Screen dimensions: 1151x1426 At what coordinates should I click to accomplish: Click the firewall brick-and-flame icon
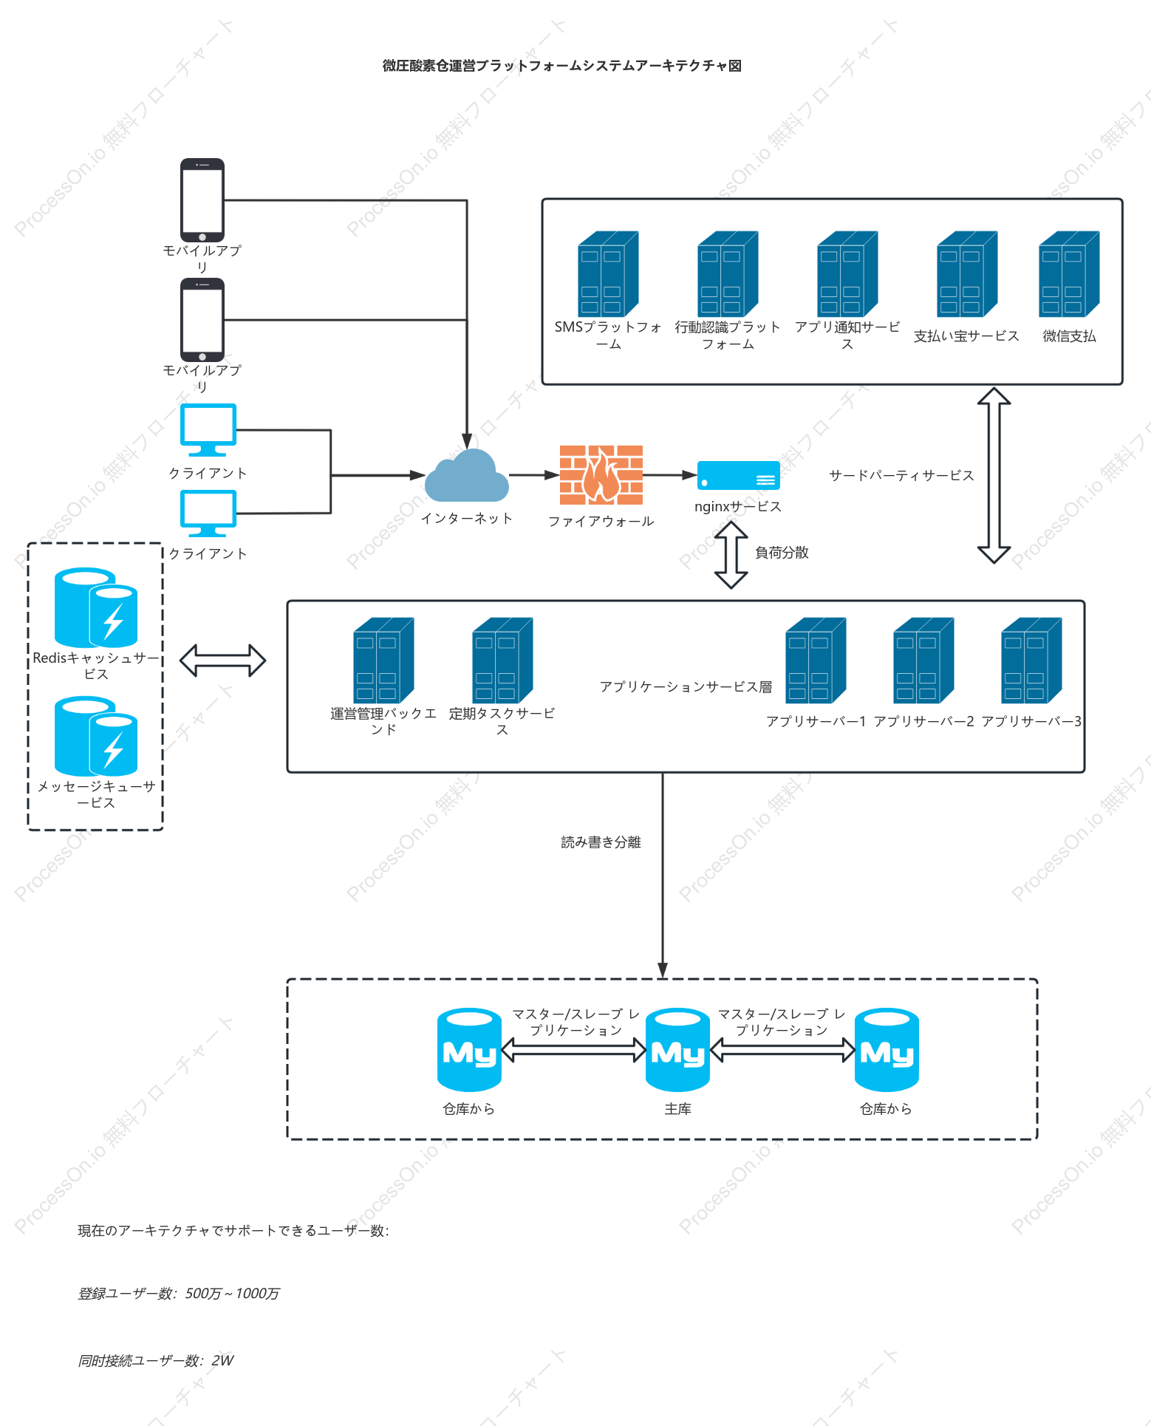601,475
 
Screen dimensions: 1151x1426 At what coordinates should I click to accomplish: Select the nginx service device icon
738,475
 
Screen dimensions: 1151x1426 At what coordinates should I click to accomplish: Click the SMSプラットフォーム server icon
608,273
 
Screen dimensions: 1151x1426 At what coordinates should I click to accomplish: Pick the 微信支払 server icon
1069,273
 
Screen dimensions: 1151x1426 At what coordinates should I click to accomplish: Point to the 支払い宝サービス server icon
967,273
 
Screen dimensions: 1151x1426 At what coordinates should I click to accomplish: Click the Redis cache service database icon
96,607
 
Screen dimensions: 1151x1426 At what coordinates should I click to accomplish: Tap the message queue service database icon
96,736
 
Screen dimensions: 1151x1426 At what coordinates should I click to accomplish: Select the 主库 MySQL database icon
677,1050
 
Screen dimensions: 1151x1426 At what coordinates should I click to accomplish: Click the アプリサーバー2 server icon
923,660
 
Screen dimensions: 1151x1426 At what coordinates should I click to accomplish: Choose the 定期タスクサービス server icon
502,660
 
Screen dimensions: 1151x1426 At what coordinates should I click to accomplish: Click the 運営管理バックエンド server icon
383,660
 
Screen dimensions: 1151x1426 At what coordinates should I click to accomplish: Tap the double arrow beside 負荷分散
731,555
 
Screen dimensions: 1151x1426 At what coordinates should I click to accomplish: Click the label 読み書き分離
601,842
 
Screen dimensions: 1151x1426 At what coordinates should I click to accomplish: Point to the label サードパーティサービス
901,475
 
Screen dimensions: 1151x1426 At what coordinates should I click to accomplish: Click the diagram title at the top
562,66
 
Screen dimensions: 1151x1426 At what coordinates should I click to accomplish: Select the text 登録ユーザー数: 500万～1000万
179,1293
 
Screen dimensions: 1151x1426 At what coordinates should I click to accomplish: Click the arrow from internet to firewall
534,475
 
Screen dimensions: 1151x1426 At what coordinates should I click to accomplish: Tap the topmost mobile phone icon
202,199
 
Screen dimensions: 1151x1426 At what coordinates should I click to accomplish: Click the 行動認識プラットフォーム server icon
728,273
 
